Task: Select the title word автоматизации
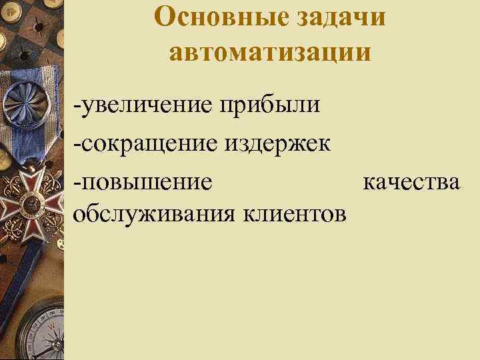270,51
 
